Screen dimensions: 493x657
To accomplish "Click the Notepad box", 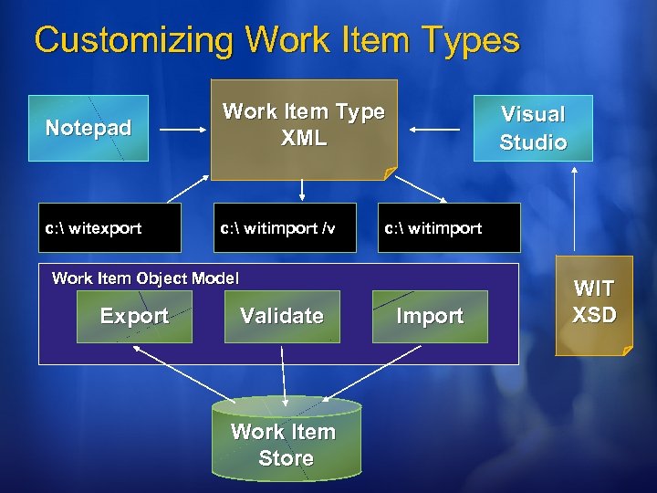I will (89, 128).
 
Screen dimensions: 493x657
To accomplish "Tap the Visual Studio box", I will (533, 128).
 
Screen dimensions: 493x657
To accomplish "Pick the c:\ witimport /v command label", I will (276, 228).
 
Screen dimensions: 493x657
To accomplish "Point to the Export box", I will (134, 316).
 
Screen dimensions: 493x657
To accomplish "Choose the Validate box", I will (282, 316).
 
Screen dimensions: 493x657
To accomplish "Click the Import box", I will (430, 316).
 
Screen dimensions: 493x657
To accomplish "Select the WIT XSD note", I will (594, 303).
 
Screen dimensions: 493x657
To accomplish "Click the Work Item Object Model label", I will (145, 278).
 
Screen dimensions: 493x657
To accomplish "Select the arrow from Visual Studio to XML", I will (434, 130).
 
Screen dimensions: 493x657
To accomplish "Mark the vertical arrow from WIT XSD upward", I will (574, 210).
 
